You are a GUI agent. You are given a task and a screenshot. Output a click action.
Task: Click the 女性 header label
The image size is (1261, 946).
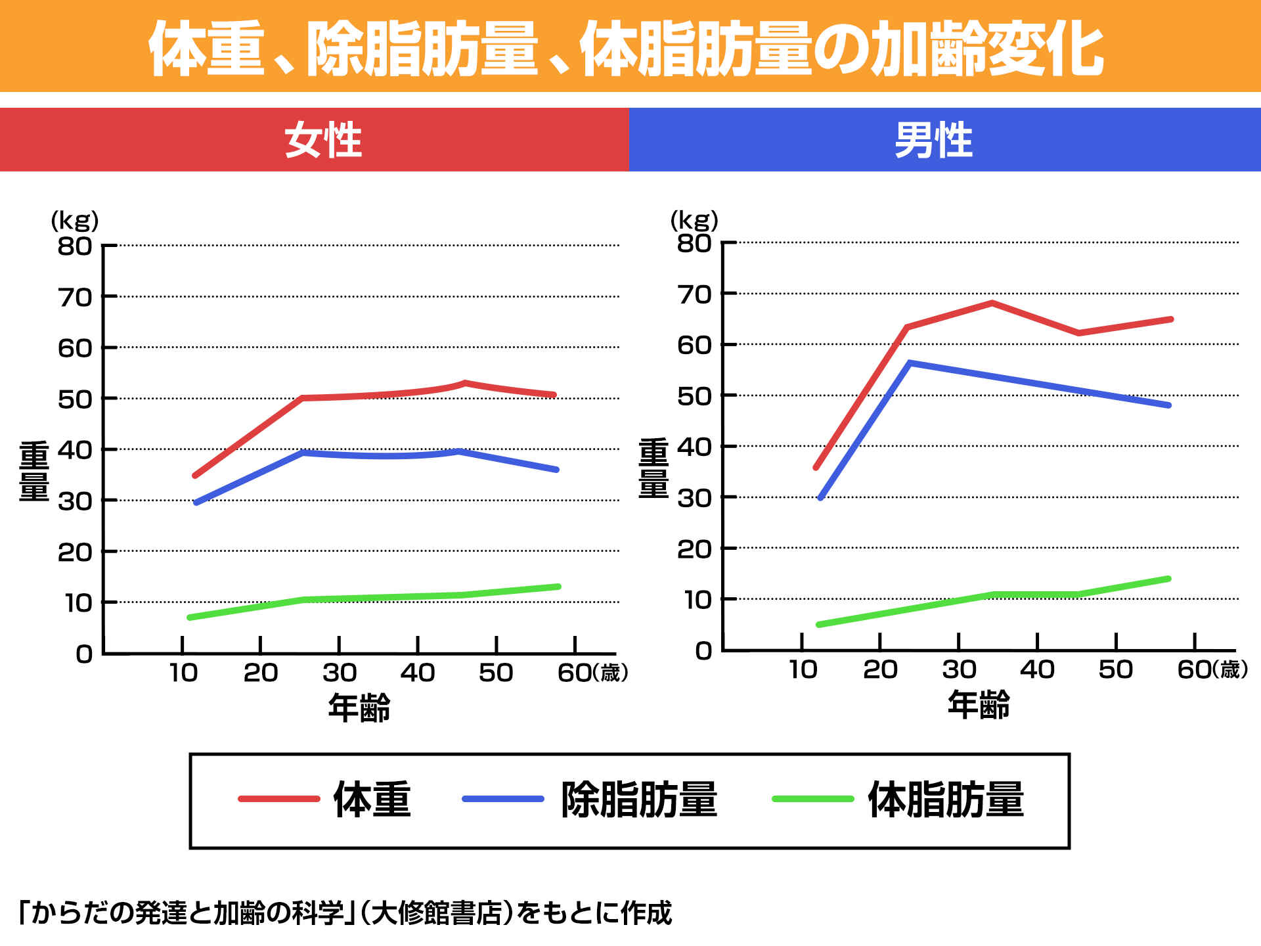322,140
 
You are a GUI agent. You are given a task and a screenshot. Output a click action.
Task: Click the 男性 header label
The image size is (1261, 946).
933,140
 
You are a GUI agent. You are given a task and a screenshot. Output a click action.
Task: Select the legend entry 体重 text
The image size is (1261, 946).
372,800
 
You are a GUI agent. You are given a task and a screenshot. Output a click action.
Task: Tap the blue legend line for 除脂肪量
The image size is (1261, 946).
502,799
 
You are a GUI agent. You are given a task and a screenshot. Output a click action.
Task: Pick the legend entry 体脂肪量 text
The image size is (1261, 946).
946,800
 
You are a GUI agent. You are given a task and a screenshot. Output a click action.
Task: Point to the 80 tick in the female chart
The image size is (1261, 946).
75,246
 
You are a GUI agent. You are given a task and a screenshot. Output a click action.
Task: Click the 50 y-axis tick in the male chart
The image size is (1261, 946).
694,396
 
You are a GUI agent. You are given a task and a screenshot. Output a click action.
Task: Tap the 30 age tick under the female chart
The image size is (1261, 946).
340,673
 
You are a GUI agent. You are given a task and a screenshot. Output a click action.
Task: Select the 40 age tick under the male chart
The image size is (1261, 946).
1037,669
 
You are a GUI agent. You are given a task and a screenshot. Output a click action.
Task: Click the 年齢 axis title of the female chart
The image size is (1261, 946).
359,708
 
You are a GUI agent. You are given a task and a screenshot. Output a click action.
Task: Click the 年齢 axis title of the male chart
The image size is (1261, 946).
979,704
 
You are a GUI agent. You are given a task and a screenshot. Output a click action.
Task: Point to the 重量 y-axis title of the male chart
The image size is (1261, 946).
653,468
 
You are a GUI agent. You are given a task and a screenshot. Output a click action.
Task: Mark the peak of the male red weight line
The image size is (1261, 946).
992,303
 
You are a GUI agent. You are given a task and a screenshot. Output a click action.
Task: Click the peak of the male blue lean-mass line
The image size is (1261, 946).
910,363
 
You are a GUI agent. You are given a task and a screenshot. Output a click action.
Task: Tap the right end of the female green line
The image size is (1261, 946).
558,587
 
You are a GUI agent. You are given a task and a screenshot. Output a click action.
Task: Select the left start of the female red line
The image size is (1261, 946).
194,476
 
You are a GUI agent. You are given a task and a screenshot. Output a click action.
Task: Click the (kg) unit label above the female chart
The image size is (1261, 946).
75,221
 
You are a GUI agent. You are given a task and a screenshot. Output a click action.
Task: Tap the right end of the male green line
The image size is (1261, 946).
1168,579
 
